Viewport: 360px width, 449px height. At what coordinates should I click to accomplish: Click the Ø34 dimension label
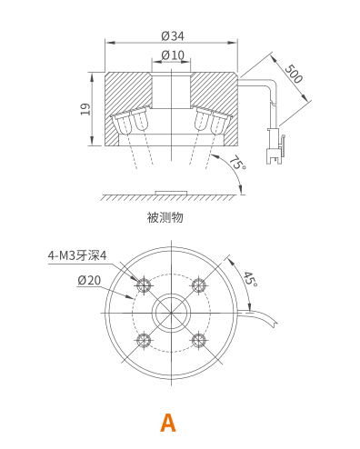tap(173, 36)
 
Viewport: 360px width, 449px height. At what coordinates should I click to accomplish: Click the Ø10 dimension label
tap(173, 55)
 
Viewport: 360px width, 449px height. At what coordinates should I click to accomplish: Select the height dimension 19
tap(85, 109)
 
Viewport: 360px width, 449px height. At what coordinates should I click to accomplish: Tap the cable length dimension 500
tap(294, 74)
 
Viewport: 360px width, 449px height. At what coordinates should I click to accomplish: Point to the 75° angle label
tap(237, 163)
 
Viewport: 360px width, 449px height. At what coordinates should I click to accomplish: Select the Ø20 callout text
tap(89, 280)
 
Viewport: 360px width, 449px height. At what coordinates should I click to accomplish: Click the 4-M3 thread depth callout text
tap(77, 255)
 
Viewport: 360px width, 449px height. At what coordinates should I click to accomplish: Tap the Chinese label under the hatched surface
tap(165, 217)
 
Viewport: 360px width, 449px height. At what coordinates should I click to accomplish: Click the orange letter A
tap(168, 423)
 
